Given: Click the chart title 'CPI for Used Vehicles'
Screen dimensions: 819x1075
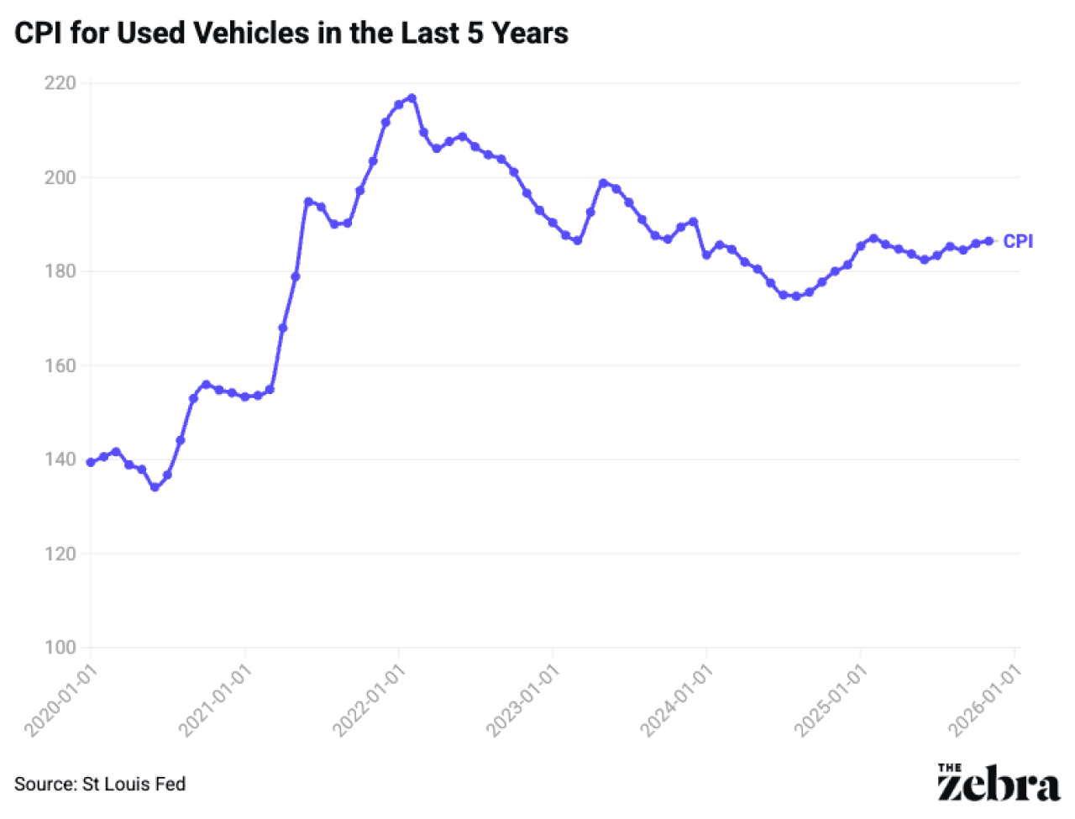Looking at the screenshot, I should (x=291, y=34).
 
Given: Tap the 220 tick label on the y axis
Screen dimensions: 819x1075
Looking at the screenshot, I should (x=60, y=83).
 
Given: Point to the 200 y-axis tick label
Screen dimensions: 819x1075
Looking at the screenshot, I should (x=60, y=177).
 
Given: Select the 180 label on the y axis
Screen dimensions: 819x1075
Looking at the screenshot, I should (x=60, y=271).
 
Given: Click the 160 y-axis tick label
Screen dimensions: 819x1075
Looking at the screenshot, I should (x=60, y=365).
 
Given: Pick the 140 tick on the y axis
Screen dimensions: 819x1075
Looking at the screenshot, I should (x=60, y=459).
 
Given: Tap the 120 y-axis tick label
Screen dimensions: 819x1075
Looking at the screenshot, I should (x=60, y=554).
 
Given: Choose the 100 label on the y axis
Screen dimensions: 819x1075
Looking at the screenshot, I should (x=60, y=648).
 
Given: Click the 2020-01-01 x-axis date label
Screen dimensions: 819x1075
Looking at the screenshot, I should (x=62, y=699).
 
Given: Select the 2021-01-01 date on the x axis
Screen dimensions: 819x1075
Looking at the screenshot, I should (x=216, y=699).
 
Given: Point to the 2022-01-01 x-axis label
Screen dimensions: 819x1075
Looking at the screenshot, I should (x=370, y=699).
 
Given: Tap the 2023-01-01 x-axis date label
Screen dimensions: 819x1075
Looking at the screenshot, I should (x=523, y=699).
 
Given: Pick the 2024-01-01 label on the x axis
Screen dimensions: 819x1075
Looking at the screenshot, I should (x=677, y=699).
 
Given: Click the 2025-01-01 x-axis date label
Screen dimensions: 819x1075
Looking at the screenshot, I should (x=831, y=699).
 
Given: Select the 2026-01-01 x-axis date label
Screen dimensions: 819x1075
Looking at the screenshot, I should (x=985, y=699).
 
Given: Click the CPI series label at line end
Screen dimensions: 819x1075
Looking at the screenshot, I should (x=1018, y=241).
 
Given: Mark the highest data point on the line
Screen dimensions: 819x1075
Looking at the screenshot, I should (x=412, y=98).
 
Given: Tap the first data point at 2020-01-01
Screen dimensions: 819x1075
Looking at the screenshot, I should (x=91, y=462).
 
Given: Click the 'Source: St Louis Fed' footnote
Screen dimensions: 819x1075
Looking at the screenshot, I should (x=100, y=784).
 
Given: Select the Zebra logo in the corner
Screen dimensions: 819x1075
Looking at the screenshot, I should (x=998, y=783).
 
